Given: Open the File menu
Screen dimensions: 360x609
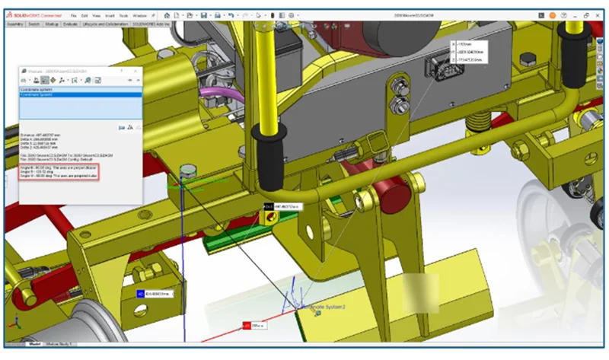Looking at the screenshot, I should coord(74,15).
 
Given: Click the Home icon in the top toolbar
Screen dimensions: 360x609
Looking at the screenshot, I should coord(167,14).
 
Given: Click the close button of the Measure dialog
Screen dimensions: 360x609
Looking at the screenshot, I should coord(137,70).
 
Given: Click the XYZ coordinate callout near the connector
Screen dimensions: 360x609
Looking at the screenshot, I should coord(468,52).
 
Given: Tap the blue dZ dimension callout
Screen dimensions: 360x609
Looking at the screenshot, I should coord(155,293).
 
